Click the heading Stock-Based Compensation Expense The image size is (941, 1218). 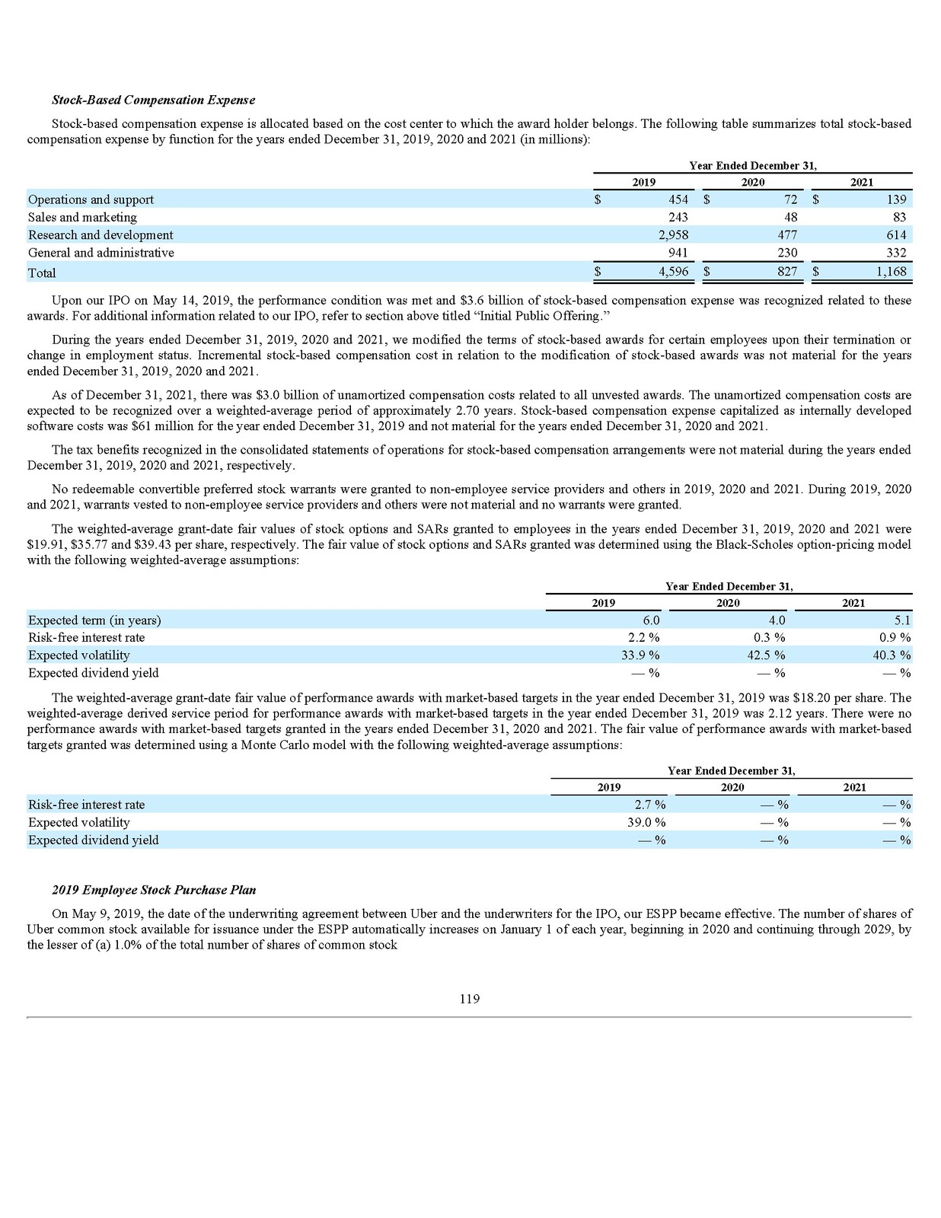[153, 100]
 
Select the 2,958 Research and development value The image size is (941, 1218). [673, 235]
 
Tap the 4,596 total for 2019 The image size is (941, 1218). [673, 271]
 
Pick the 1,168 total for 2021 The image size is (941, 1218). [890, 271]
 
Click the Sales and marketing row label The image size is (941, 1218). [82, 218]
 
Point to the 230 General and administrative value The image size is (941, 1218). [787, 253]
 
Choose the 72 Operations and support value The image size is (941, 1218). [790, 199]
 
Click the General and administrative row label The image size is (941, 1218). [100, 253]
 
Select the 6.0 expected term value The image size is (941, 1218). [651, 620]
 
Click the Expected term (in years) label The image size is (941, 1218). [94, 620]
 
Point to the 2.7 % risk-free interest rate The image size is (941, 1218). [650, 805]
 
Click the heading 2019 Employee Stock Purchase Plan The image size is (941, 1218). [154, 890]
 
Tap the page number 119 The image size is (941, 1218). [470, 999]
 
